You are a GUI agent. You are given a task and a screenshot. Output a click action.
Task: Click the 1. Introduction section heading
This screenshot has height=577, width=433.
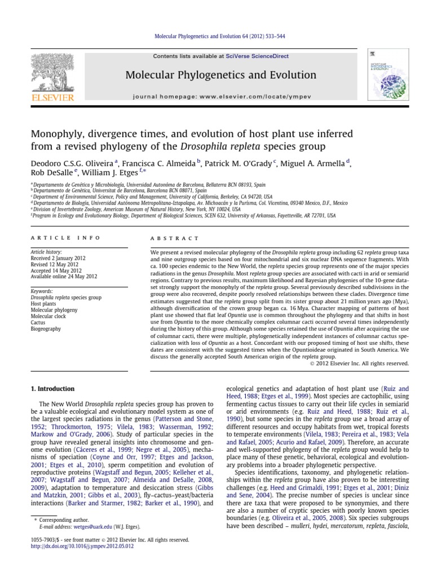pyautogui.click(x=52, y=389)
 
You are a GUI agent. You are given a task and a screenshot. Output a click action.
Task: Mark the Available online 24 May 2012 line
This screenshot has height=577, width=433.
pyautogui.click(x=64, y=276)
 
